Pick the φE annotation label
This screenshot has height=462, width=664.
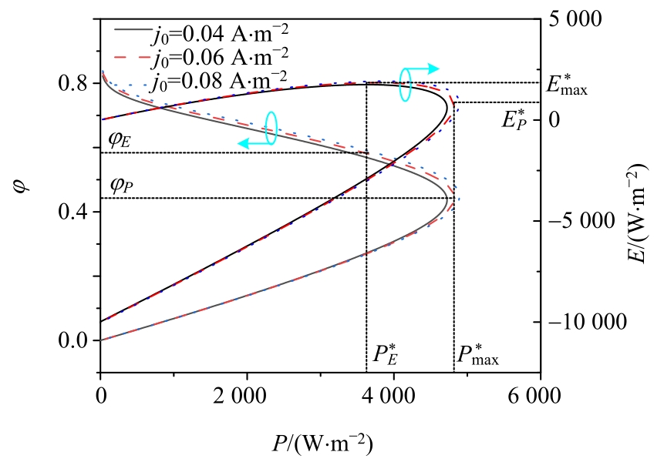(x=119, y=141)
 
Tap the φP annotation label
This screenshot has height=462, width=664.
(x=119, y=185)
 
